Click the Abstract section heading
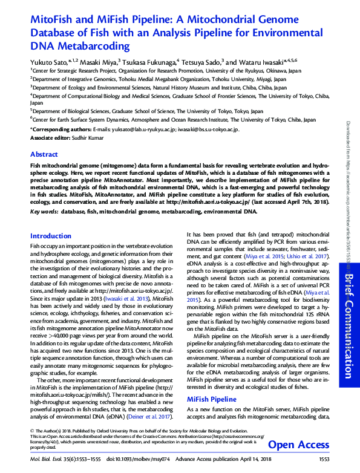44,154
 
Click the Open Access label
298,445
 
